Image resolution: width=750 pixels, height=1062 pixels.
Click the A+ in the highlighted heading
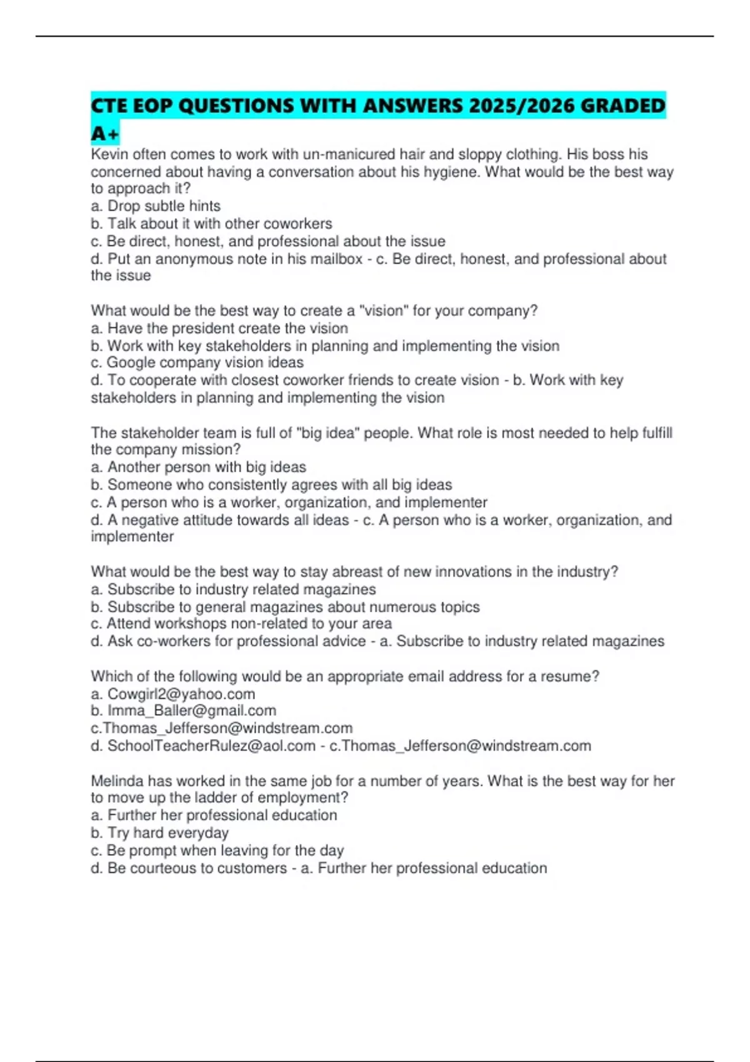coord(104,134)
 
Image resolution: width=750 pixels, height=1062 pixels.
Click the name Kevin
coord(108,154)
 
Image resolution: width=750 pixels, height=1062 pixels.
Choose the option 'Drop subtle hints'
coord(164,206)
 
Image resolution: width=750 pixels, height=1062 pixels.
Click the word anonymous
coord(202,259)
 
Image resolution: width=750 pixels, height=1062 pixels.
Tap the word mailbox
coord(336,259)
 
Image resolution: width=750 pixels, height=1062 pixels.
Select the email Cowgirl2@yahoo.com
coord(181,694)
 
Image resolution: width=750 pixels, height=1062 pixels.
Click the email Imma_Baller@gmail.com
coord(192,711)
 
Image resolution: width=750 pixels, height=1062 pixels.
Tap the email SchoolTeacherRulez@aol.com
coord(211,746)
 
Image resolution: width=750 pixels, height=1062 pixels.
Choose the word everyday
coord(198,833)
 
